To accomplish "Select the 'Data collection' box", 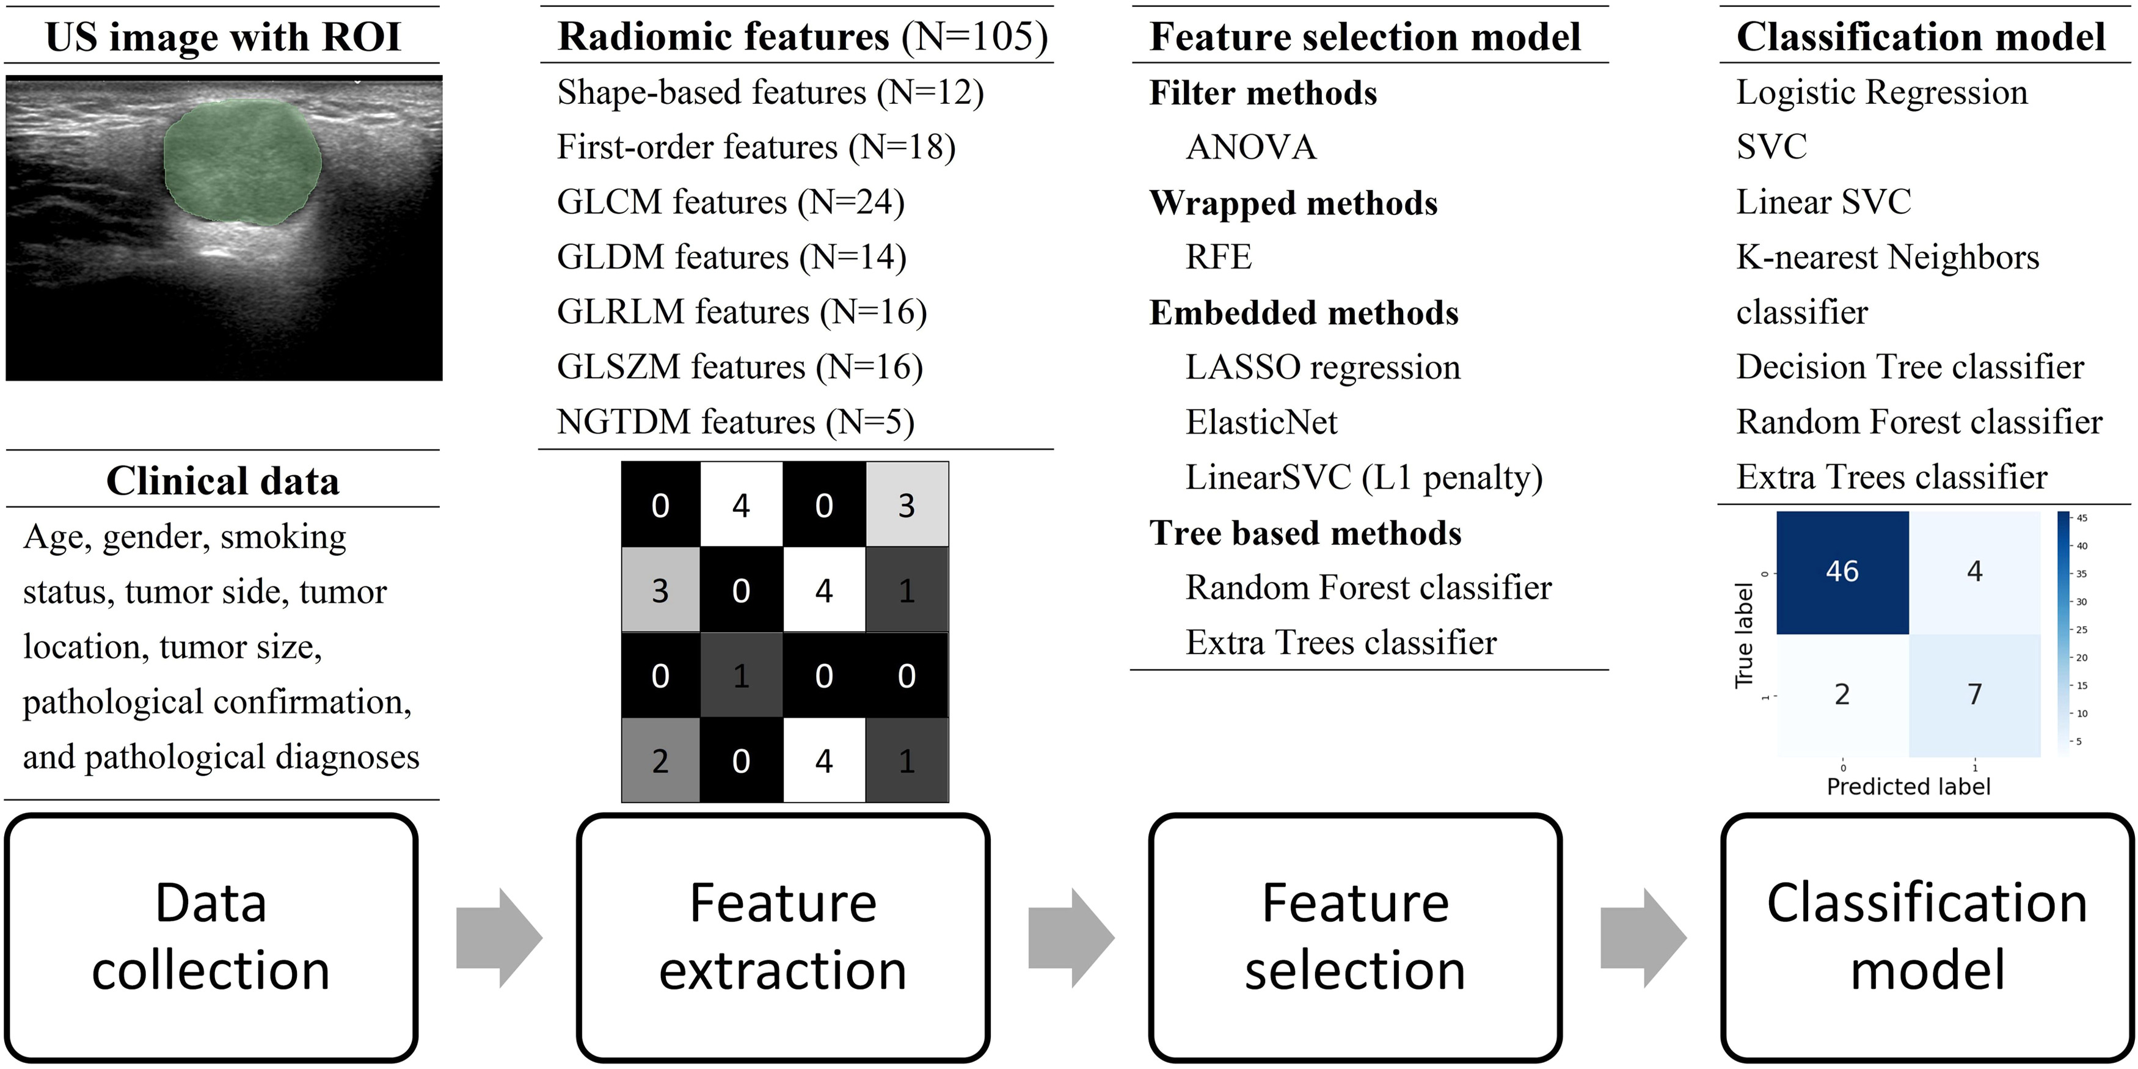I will coord(211,937).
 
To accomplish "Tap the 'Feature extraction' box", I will coord(783,937).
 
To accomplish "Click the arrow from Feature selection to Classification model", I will coord(1643,938).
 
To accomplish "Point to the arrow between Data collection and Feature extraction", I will coord(498,938).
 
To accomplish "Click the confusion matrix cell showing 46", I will coord(1842,572).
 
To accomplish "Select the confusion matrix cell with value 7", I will coord(1974,695).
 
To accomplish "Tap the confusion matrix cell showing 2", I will coord(1842,695).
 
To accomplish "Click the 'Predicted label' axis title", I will coord(1908,787).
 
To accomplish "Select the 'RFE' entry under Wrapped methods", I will coord(1217,257).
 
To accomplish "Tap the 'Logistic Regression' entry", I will coord(1881,93).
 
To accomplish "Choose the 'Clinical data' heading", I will coord(222,481).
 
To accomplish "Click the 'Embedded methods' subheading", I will coord(1303,313).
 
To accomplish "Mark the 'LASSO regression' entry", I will coord(1322,368).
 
